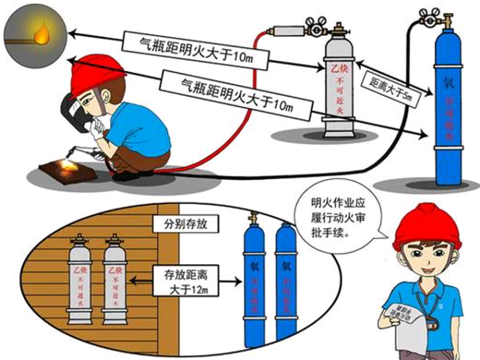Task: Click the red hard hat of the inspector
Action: click(419, 226)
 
